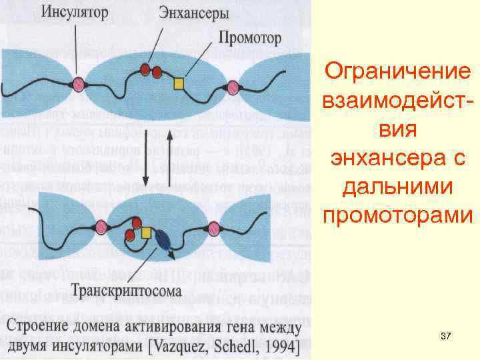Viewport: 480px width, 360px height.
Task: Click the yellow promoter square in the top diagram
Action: point(179,83)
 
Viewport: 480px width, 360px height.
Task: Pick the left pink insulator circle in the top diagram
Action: point(79,84)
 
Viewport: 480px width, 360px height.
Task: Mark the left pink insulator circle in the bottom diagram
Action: point(101,225)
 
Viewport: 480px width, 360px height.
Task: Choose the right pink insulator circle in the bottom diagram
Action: point(214,229)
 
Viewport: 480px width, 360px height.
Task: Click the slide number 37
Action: point(446,339)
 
